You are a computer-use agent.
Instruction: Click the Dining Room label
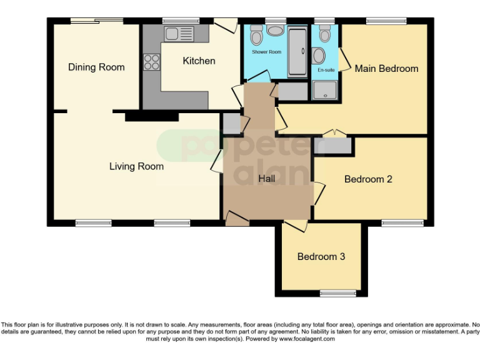pyautogui.click(x=96, y=67)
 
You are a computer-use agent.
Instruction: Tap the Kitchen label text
pyautogui.click(x=199, y=61)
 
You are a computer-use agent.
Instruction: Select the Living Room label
pyautogui.click(x=136, y=166)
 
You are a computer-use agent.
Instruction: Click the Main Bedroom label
pyautogui.click(x=386, y=68)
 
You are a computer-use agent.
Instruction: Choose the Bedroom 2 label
pyautogui.click(x=368, y=179)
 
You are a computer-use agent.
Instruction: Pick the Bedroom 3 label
pyautogui.click(x=321, y=257)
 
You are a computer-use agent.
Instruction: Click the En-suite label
pyautogui.click(x=326, y=70)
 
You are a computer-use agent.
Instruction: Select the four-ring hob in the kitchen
pyautogui.click(x=152, y=61)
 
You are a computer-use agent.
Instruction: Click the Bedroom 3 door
pyautogui.click(x=297, y=226)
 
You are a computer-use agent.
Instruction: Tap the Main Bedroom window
pyautogui.click(x=386, y=21)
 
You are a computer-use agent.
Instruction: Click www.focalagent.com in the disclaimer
pyautogui.click(x=307, y=339)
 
